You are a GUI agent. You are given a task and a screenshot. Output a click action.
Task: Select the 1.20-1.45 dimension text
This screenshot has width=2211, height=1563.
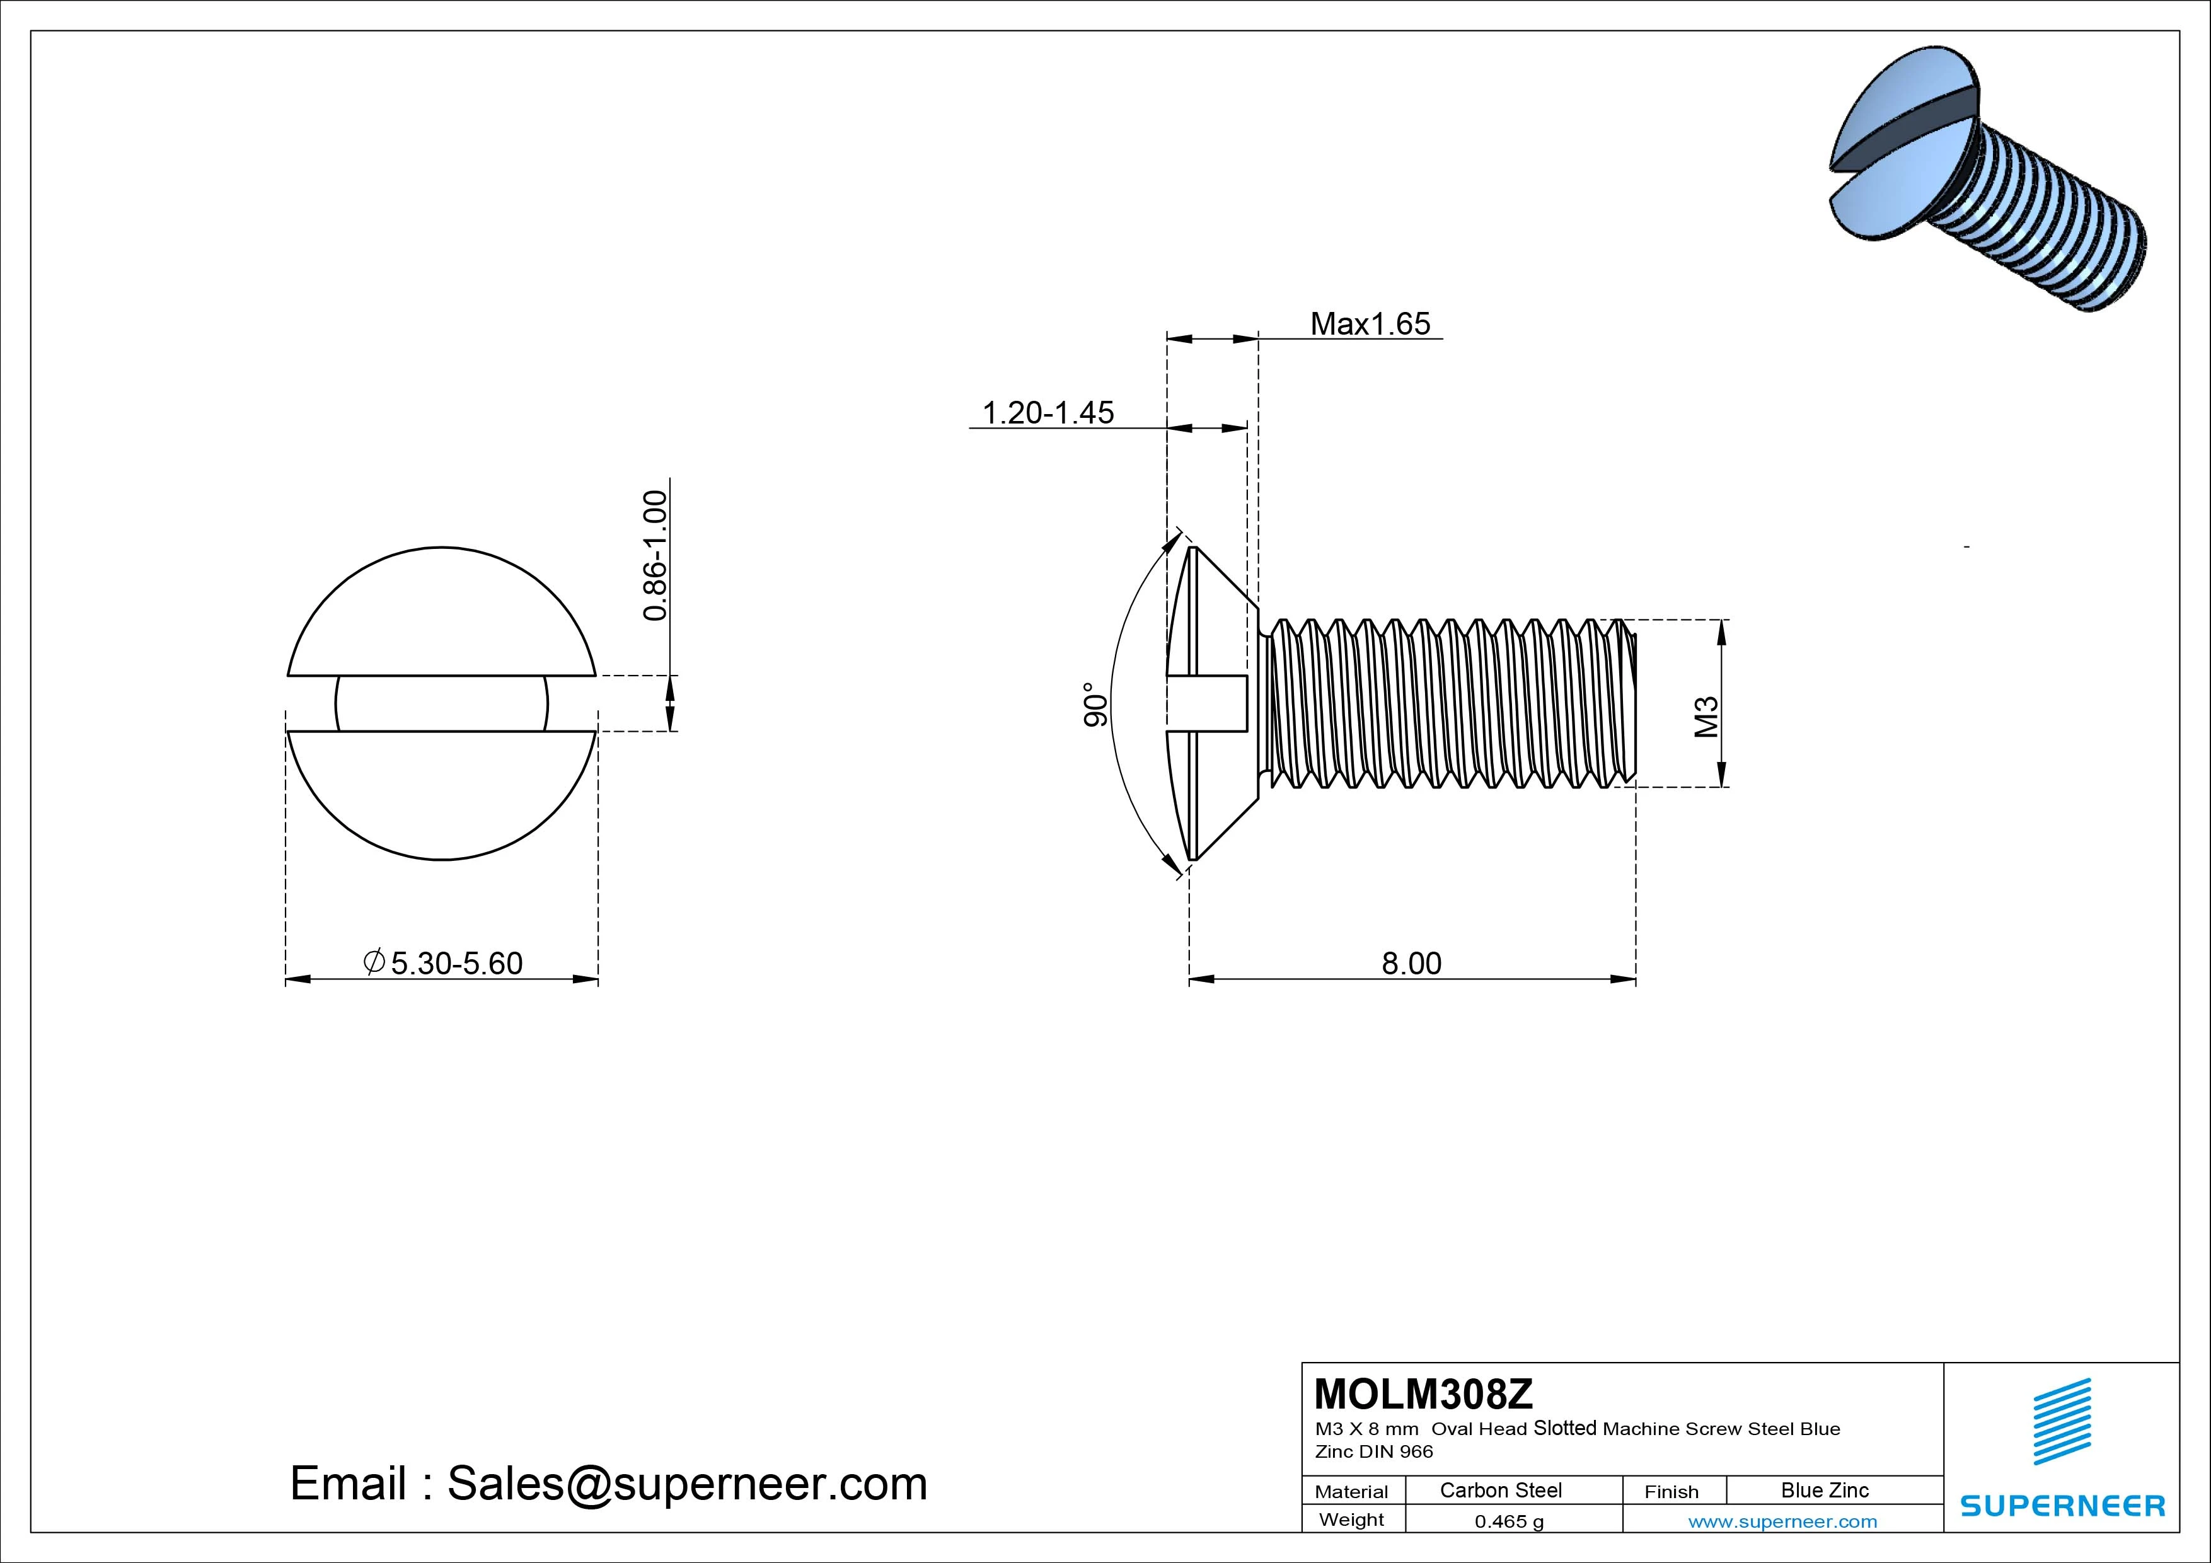tap(1048, 413)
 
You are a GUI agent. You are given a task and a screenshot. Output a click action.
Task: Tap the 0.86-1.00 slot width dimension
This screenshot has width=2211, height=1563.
tap(655, 556)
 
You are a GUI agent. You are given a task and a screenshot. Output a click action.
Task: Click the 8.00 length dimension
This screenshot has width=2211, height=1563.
tap(1412, 963)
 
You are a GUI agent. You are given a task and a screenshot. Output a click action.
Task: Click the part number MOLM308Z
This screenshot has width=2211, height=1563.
tap(1423, 1393)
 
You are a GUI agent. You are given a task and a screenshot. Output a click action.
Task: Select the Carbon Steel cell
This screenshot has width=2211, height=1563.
tap(1500, 1490)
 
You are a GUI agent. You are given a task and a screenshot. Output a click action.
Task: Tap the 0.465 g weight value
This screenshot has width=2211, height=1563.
tap(1509, 1521)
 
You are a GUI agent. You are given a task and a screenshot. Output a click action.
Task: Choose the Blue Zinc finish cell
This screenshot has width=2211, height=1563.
tap(1825, 1490)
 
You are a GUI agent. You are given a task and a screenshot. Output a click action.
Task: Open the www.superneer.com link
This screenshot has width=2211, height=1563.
tap(1782, 1521)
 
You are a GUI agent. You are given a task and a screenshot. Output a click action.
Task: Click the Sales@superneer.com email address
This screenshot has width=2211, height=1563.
tap(686, 1484)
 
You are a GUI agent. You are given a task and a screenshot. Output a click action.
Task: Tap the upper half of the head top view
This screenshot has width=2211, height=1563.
tap(441, 616)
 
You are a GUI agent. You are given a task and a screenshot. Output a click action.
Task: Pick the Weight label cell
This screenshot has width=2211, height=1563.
tap(1351, 1520)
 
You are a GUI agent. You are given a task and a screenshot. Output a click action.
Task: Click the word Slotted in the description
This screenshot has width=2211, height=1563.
tap(1565, 1428)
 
